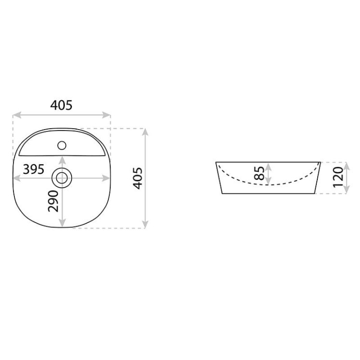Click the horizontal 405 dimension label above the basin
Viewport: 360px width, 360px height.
coord(61,106)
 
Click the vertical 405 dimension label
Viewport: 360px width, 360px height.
coord(138,179)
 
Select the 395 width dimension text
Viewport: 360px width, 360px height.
coord(34,169)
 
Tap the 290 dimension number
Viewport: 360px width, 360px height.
coord(53,201)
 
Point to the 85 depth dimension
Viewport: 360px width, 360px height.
coord(259,173)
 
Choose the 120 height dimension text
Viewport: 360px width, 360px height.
coord(338,177)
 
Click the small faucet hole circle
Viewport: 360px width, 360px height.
coord(61,145)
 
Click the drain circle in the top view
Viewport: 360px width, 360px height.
coord(62,178)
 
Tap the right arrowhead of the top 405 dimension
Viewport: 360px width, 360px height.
coord(107,115)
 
